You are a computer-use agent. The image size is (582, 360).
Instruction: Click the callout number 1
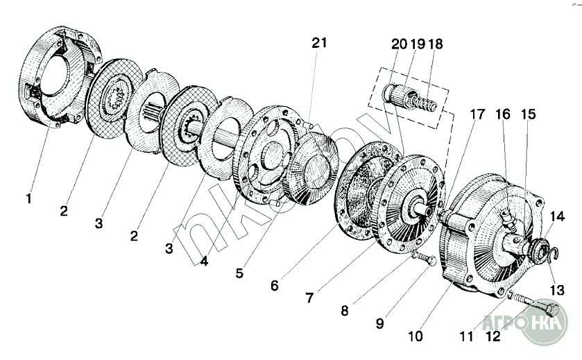coord(28,199)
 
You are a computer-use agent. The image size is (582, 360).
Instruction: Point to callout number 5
coord(239,273)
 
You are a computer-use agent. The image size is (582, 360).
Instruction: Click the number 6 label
coord(275,285)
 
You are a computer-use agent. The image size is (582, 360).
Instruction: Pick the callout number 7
coord(310,298)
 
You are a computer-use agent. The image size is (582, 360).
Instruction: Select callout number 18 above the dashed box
coord(436,44)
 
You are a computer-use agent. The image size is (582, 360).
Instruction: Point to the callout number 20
coord(399,44)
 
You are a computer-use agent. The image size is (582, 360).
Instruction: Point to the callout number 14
coord(558,217)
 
